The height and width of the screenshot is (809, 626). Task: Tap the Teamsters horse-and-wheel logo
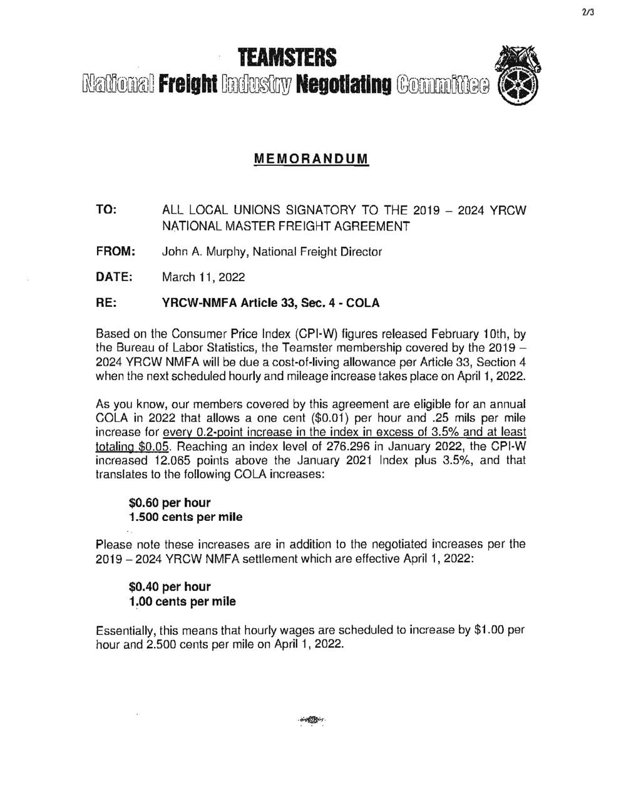click(x=517, y=80)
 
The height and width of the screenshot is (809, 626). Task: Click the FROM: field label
click(x=115, y=252)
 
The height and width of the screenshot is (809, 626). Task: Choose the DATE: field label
click(x=113, y=277)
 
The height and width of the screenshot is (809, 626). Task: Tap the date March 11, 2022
click(x=203, y=277)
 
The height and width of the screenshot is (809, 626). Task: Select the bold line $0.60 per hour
click(x=170, y=503)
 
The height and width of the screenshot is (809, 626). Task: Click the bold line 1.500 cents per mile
click(x=185, y=517)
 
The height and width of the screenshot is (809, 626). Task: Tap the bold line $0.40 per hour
click(x=170, y=587)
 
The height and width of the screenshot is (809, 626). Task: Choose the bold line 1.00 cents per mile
click(x=182, y=602)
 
